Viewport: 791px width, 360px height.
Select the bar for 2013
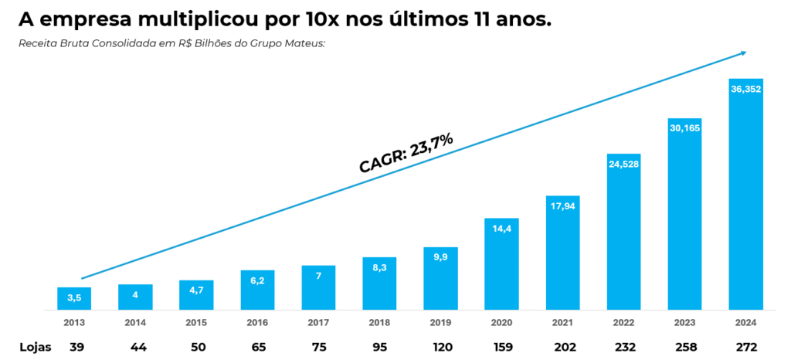(x=74, y=298)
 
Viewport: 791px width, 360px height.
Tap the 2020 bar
(x=501, y=263)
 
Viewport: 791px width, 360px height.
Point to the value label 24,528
(x=624, y=164)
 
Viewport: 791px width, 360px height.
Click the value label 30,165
(x=684, y=128)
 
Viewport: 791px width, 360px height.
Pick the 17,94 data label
(x=562, y=205)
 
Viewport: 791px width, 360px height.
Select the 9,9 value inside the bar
(x=440, y=257)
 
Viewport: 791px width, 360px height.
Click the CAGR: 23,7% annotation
(x=406, y=152)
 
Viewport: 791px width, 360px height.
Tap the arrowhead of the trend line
(x=743, y=53)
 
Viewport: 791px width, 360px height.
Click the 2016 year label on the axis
(x=257, y=323)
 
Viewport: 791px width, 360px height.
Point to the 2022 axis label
(x=624, y=323)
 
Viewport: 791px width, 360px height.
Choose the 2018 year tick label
(x=379, y=323)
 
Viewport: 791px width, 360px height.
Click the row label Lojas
(x=36, y=347)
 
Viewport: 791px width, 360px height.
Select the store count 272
(x=746, y=347)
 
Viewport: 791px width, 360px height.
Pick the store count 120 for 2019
(x=440, y=347)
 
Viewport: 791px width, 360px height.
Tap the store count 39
(x=76, y=347)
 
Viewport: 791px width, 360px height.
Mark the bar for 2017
(x=318, y=287)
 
